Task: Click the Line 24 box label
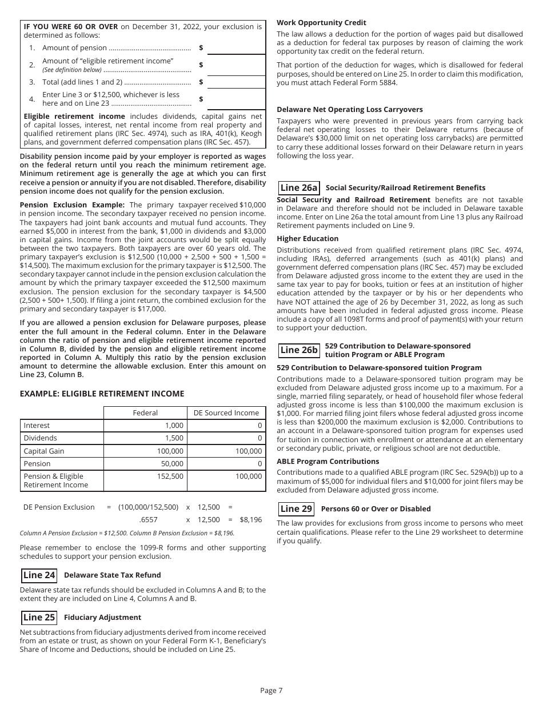point(39,575)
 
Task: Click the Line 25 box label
point(39,618)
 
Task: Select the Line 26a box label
point(298,188)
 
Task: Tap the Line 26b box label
point(298,350)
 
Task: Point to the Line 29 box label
point(296,509)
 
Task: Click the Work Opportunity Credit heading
point(321,23)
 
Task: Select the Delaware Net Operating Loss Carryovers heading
point(350,110)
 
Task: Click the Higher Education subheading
point(308,239)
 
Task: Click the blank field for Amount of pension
point(236,48)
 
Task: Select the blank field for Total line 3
point(236,82)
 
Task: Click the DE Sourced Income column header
point(226,413)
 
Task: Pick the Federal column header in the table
point(145,413)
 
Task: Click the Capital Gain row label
point(44,451)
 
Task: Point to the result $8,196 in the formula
point(250,520)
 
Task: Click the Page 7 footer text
point(271,691)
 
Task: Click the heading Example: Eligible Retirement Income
point(102,394)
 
